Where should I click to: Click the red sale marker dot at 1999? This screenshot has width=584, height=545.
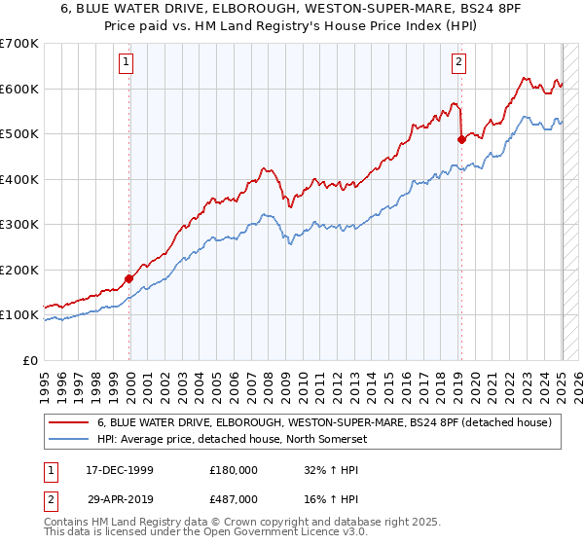click(x=129, y=279)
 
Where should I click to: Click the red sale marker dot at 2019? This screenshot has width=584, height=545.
click(x=461, y=139)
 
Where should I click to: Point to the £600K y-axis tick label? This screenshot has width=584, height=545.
click(x=19, y=89)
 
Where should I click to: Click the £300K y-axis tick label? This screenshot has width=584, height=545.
click(x=19, y=225)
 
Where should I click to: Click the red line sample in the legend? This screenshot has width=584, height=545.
click(x=69, y=422)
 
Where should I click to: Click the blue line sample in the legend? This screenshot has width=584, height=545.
click(x=69, y=440)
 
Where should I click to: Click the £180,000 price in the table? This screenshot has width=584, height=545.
click(x=234, y=470)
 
